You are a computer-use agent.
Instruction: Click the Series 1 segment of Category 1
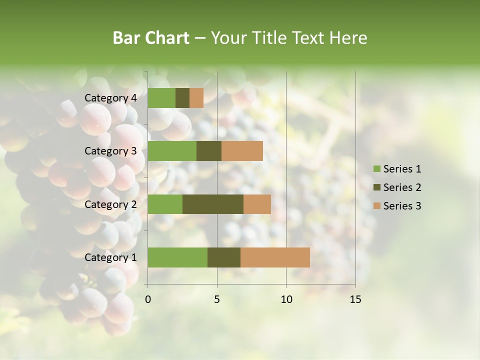click(177, 257)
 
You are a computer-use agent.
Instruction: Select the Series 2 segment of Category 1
click(224, 257)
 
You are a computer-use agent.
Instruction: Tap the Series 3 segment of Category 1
click(275, 257)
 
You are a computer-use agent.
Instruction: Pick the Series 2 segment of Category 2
click(213, 204)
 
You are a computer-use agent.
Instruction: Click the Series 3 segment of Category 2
click(257, 204)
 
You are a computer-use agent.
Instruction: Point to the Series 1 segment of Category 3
click(172, 151)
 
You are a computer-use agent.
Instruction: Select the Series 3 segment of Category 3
click(242, 151)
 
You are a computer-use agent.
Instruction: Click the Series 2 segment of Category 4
click(182, 98)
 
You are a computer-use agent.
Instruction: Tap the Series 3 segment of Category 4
click(196, 98)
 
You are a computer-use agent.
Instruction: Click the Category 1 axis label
click(110, 257)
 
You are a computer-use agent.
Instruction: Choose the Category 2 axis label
click(110, 204)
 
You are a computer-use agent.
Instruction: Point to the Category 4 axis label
click(110, 98)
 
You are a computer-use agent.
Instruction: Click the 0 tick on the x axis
click(148, 299)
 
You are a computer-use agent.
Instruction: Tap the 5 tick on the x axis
click(217, 299)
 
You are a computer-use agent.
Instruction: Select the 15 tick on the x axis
click(355, 299)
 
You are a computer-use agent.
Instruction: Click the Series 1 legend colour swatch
click(376, 169)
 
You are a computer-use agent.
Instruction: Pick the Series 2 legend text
click(402, 187)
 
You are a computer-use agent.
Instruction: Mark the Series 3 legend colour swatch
click(376, 206)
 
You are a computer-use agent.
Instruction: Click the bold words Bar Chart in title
click(151, 37)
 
